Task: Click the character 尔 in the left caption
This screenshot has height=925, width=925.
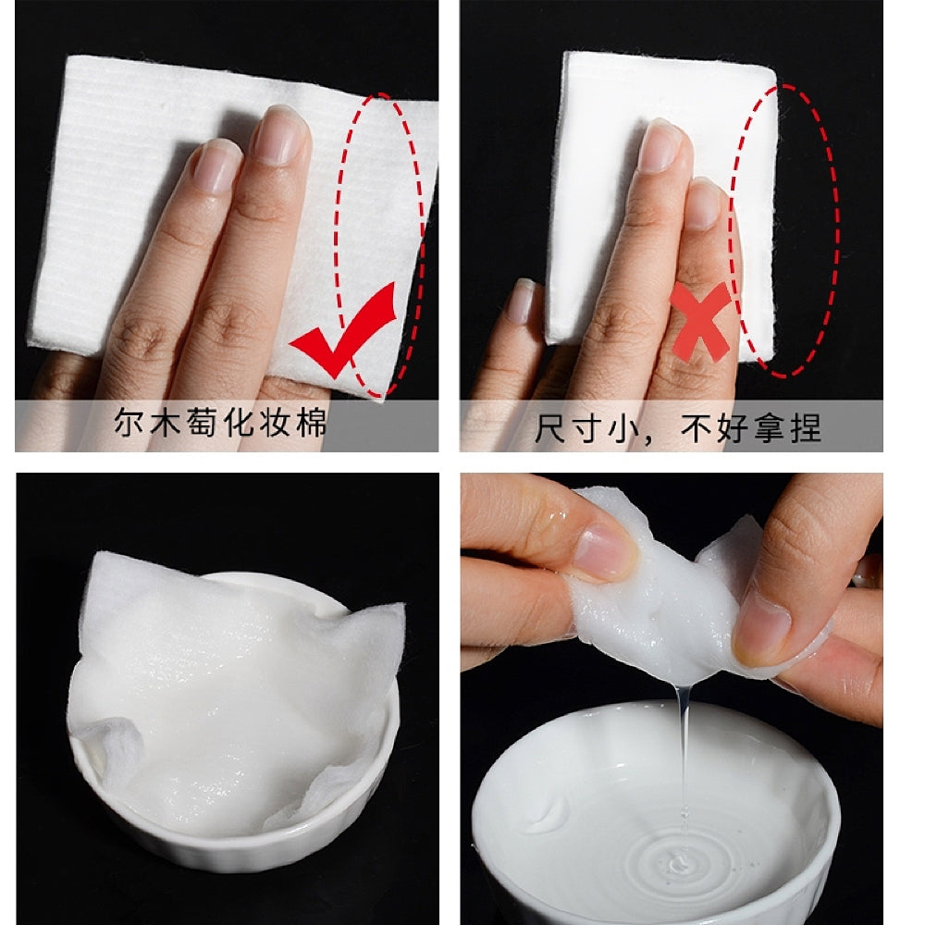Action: pyautogui.click(x=129, y=423)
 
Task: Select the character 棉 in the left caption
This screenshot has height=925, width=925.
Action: pyautogui.click(x=312, y=423)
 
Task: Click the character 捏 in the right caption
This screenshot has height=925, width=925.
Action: pyautogui.click(x=806, y=428)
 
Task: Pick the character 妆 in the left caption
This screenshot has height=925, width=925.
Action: pyautogui.click(x=275, y=423)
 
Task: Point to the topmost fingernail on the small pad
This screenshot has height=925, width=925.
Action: pyautogui.click(x=660, y=147)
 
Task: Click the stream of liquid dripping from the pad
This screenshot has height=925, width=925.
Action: pyautogui.click(x=684, y=767)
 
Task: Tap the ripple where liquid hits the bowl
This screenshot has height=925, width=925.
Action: pyautogui.click(x=678, y=862)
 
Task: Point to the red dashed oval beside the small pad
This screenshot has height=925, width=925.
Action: pyautogui.click(x=784, y=230)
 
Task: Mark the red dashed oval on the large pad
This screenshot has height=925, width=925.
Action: pyautogui.click(x=380, y=245)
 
